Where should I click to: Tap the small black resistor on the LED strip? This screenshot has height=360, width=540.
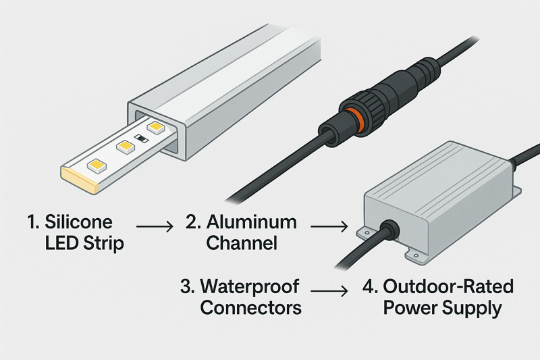coord(140,138)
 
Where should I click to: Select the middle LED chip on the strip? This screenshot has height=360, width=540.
coord(124,145)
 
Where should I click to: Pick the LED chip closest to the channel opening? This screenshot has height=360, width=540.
coord(157,126)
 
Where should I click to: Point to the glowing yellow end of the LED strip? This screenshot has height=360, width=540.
coord(75,178)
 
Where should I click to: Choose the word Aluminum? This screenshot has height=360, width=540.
coord(250,222)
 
